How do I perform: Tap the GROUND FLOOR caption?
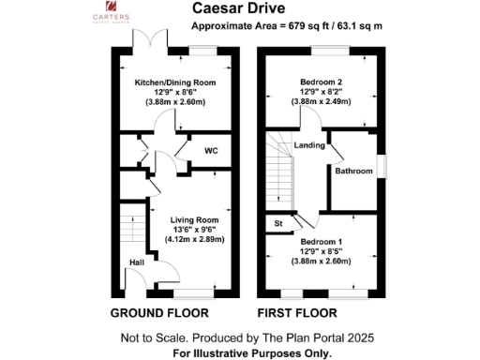tap(159, 312)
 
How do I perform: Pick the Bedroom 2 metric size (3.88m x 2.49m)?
tap(323, 103)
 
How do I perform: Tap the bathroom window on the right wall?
tap(382, 165)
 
